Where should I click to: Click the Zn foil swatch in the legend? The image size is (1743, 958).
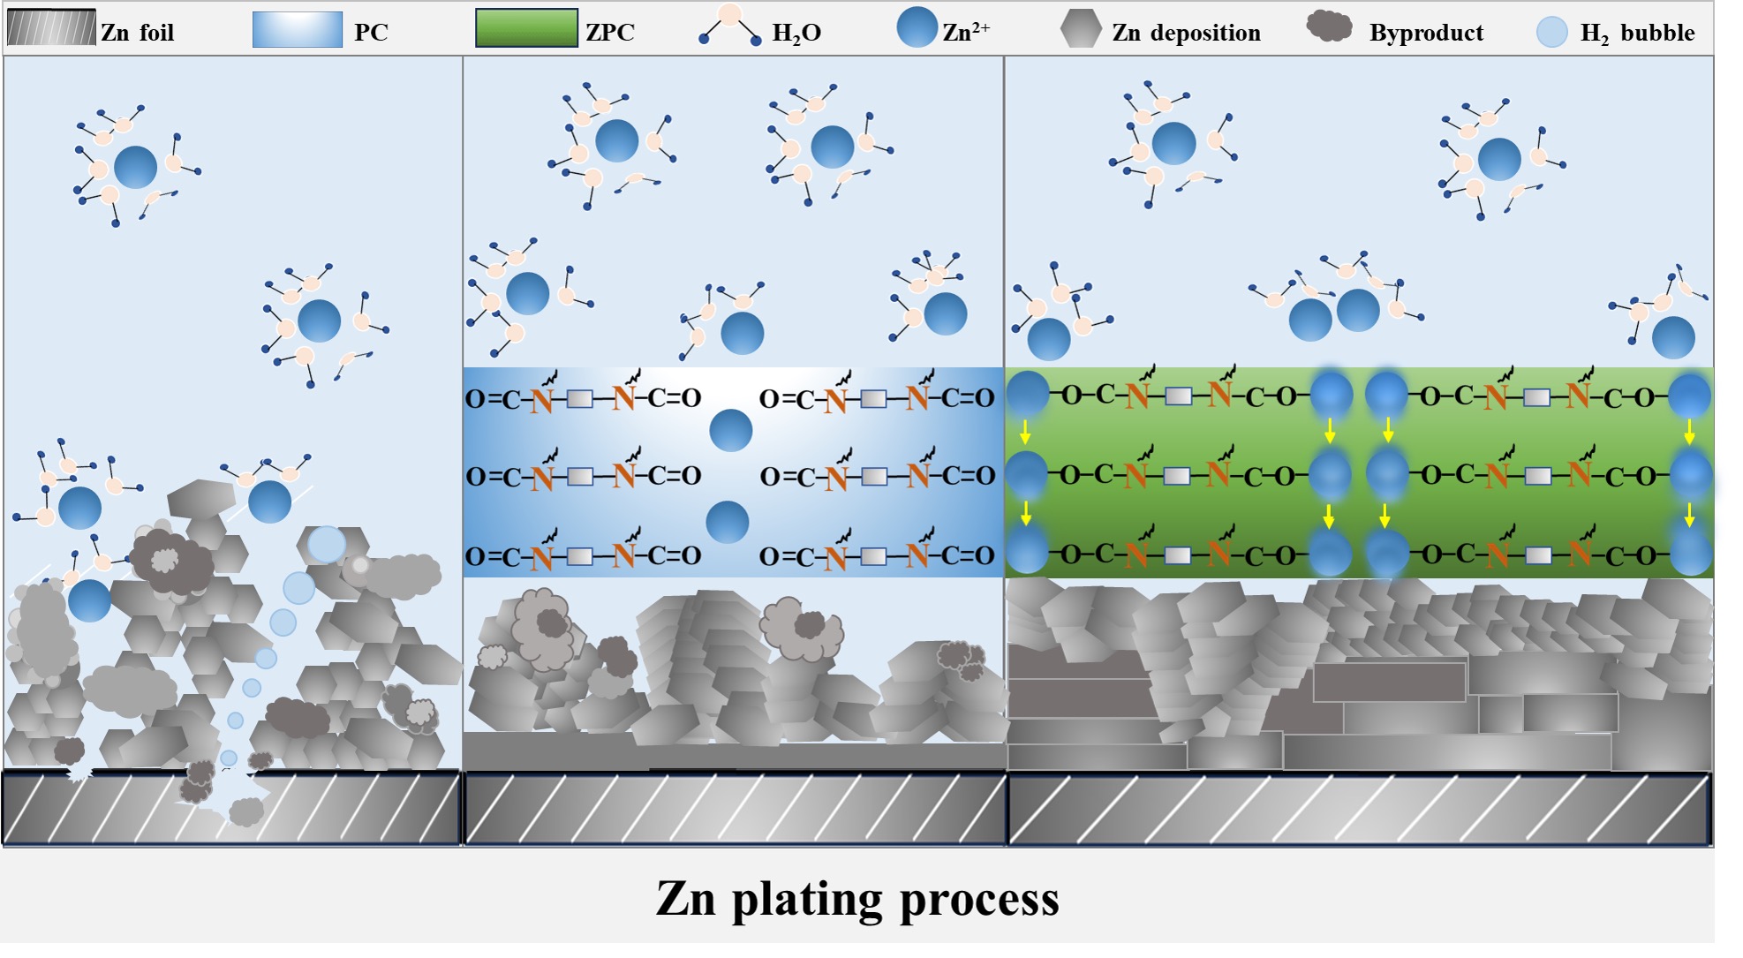[x=51, y=28]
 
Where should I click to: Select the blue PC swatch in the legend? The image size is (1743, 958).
[x=297, y=29]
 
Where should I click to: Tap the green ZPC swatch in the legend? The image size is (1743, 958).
[x=526, y=28]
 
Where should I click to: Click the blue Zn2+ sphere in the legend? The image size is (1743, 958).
[x=917, y=27]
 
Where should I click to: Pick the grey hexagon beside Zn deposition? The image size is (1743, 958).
[x=1081, y=28]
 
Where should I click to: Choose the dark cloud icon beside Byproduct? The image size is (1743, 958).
[x=1329, y=26]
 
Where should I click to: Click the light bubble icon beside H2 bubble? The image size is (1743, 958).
[x=1551, y=32]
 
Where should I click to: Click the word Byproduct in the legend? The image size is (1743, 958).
[x=1426, y=33]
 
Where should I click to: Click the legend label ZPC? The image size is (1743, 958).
[x=610, y=33]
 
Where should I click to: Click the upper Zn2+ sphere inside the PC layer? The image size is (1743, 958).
[x=731, y=431]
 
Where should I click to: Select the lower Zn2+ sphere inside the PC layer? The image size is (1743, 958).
[x=728, y=522]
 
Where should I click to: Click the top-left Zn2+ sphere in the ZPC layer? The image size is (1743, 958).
[x=1027, y=394]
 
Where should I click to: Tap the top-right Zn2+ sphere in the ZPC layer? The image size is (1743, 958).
[x=1689, y=396]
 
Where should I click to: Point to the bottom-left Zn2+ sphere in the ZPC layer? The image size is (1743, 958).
[x=1027, y=552]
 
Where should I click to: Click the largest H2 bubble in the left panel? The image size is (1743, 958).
[x=327, y=545]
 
